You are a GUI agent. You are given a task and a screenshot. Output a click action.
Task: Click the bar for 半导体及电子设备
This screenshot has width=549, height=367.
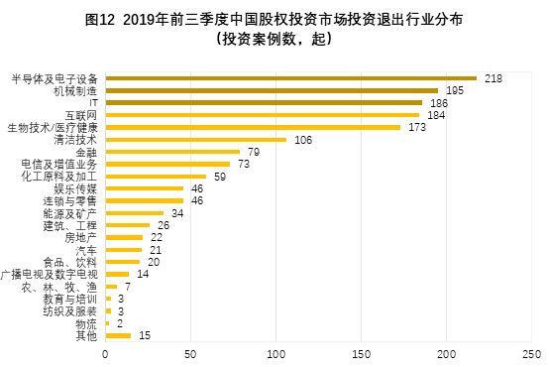tap(290, 77)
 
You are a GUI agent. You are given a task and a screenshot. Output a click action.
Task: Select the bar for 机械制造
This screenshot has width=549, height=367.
tap(271, 90)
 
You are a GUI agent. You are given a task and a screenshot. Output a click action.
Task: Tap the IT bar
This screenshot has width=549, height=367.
tap(264, 102)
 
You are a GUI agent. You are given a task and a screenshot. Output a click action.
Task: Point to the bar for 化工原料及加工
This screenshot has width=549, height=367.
tap(156, 176)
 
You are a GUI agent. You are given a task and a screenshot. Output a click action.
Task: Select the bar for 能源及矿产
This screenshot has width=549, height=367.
tap(134, 212)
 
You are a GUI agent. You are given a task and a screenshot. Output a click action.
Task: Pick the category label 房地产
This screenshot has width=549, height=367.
tap(80, 237)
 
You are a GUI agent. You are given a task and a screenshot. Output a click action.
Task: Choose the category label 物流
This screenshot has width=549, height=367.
tap(87, 323)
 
